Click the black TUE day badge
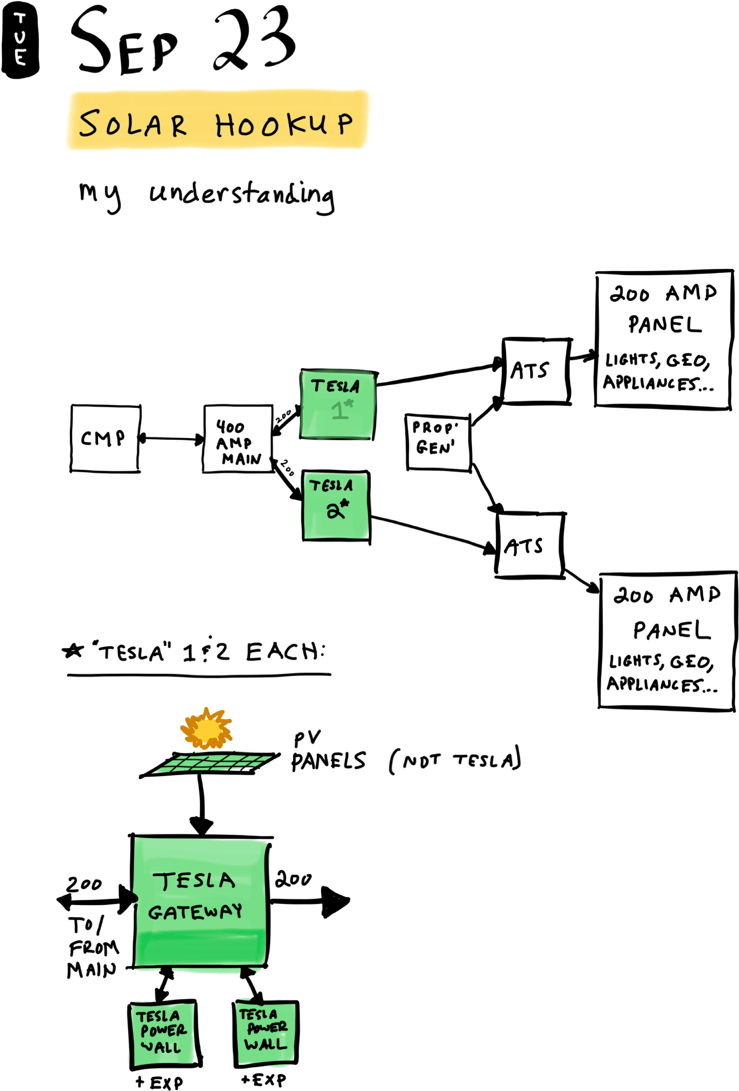point(20,40)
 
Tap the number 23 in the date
point(254,40)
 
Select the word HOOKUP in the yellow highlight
point(284,124)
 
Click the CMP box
point(105,438)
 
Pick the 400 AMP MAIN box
point(238,439)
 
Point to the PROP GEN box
point(438,442)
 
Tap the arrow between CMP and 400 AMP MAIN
point(172,439)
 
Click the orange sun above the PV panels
point(207,729)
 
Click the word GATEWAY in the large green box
point(195,912)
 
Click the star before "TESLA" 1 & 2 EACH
point(73,651)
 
